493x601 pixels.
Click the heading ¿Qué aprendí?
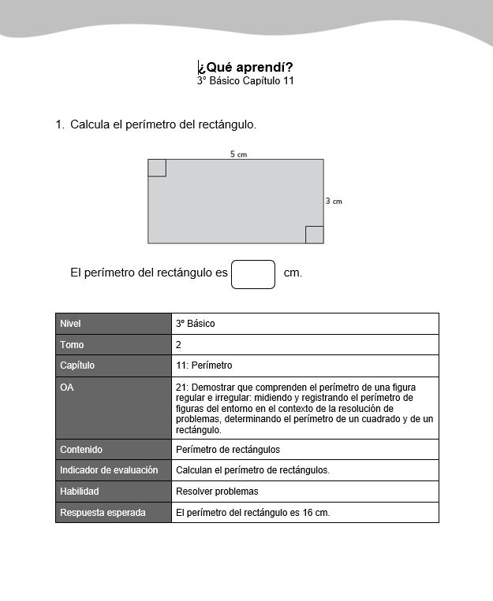pos(245,67)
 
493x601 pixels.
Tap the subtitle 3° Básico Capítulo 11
pos(245,80)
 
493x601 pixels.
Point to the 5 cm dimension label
pos(238,154)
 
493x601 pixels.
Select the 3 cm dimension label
pos(334,202)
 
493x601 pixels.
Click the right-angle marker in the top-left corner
pos(157,168)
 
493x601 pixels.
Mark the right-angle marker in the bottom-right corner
pos(314,235)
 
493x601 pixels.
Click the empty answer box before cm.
pos(253,274)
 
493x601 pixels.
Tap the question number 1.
pos(59,124)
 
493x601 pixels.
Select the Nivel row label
pos(70,324)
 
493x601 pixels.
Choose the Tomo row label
pos(72,345)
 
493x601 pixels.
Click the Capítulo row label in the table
pos(77,365)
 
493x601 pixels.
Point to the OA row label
pos(67,388)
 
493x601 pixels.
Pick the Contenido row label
pos(81,450)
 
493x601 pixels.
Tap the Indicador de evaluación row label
pos(109,470)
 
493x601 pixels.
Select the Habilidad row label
pos(80,492)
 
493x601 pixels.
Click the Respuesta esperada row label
pos(103,513)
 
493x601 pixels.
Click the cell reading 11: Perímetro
pos(204,365)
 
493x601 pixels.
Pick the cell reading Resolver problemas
pos(217,492)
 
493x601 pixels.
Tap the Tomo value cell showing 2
pos(179,345)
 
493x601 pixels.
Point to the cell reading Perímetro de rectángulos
pos(228,450)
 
